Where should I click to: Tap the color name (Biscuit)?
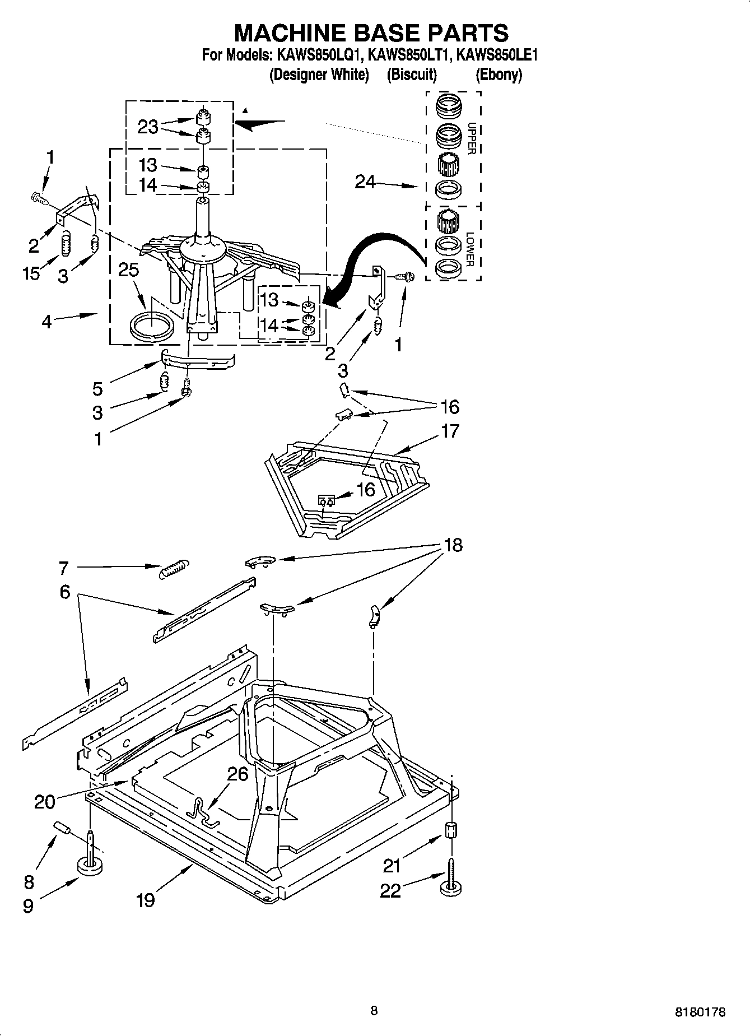[412, 75]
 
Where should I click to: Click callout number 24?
[365, 182]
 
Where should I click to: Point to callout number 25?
[128, 270]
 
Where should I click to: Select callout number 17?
[450, 431]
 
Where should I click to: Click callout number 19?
[145, 900]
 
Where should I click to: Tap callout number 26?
[237, 774]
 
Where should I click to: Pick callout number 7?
[63, 568]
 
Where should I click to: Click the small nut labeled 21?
[451, 830]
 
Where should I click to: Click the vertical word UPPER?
[471, 138]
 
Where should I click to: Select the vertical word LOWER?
[471, 249]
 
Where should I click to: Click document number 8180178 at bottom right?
[700, 1012]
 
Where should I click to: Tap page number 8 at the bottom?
[374, 1010]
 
